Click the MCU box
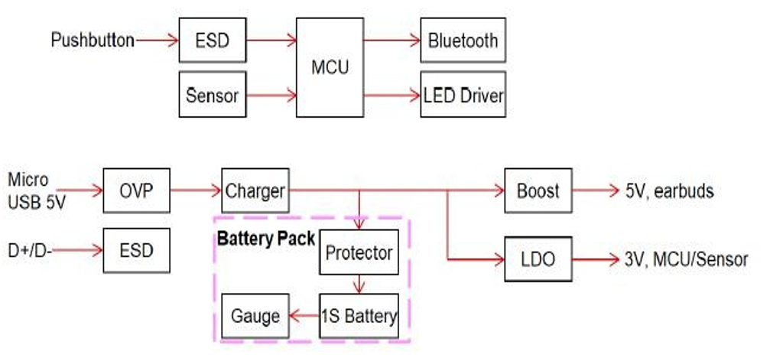click(x=330, y=67)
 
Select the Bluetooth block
click(x=463, y=40)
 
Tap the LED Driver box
click(x=463, y=96)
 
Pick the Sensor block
click(x=213, y=96)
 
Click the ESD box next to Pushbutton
click(x=213, y=40)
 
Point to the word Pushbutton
click(x=93, y=40)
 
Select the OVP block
click(x=137, y=190)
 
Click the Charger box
click(x=255, y=190)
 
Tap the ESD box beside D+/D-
click(x=137, y=250)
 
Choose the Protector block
click(x=359, y=252)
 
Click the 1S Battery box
click(x=359, y=316)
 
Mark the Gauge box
click(x=255, y=316)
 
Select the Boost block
click(x=538, y=190)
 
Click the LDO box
click(x=538, y=260)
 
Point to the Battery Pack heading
click(x=265, y=238)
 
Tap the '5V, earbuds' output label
click(x=669, y=191)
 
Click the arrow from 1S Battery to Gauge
click(x=304, y=316)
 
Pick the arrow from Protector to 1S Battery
click(x=359, y=285)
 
